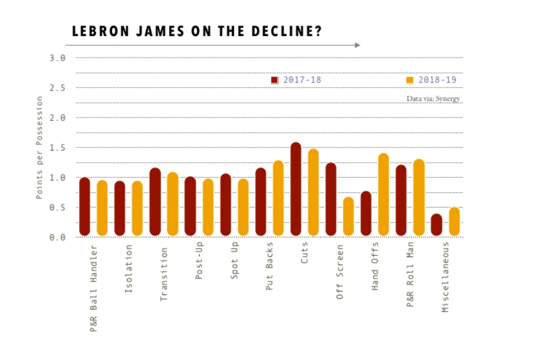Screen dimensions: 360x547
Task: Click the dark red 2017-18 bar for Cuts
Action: (296, 189)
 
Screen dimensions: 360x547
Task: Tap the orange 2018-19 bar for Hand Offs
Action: (384, 195)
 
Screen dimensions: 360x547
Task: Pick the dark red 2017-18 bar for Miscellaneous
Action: (436, 225)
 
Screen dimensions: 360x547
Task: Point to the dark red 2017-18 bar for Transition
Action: (155, 202)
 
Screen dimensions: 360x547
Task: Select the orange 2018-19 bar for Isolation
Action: (137, 208)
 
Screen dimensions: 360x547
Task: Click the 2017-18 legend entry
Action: (296, 80)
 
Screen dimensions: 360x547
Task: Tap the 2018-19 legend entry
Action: (431, 80)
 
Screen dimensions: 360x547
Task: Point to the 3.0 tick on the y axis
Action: (58, 58)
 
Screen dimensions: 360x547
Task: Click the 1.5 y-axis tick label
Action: (58, 148)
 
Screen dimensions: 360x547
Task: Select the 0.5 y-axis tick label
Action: (58, 208)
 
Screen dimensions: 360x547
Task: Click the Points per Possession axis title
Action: (39, 147)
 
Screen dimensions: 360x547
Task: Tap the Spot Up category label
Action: (235, 263)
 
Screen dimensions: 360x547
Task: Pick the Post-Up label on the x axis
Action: (200, 263)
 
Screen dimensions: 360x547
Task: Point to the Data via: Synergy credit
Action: (433, 99)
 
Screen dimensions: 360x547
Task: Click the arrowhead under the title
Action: (358, 45)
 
